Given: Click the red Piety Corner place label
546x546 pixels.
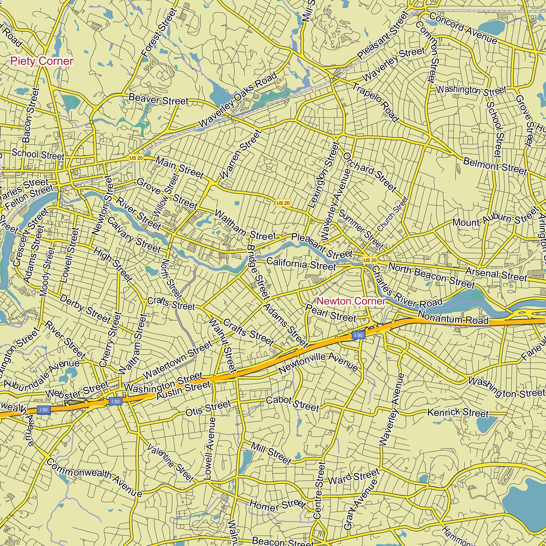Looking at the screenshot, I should [x=42, y=61].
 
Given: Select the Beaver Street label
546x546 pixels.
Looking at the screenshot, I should [x=158, y=99].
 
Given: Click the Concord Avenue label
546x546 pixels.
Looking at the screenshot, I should [x=463, y=28].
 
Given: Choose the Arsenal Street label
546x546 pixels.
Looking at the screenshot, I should [x=496, y=274].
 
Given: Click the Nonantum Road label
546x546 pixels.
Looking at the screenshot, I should [x=453, y=317].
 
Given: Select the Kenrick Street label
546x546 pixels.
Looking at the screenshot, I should [x=458, y=413].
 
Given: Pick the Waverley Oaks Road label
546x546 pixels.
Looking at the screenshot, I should [x=238, y=100].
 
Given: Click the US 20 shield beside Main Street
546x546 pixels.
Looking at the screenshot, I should [x=136, y=158].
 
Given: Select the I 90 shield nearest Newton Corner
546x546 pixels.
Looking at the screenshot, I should [x=358, y=335].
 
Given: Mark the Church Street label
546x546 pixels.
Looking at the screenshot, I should [x=393, y=214].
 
